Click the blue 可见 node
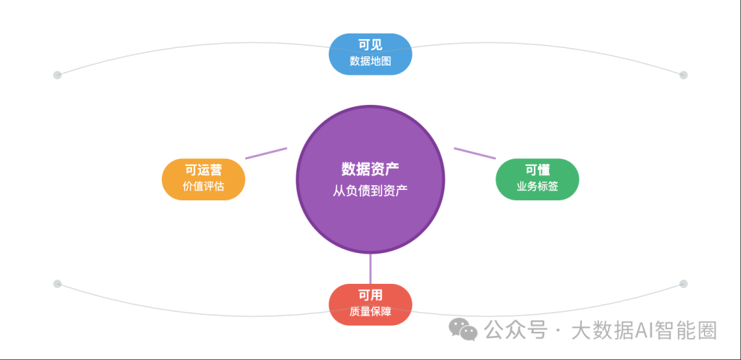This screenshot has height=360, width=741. (x=370, y=54)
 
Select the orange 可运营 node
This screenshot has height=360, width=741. (x=204, y=179)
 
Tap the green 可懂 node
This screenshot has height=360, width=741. (x=537, y=179)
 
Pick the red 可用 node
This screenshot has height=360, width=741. (x=370, y=304)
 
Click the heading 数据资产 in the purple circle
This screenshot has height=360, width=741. (x=370, y=169)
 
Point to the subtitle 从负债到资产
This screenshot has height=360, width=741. (x=370, y=191)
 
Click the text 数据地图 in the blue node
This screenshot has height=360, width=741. (x=370, y=61)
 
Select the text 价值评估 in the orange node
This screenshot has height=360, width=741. (x=204, y=186)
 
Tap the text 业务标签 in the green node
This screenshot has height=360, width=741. (x=537, y=186)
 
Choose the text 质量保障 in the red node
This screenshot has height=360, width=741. (x=370, y=312)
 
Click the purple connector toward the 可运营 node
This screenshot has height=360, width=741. (x=266, y=153)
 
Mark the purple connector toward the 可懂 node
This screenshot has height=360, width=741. (x=475, y=153)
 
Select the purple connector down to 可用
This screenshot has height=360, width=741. (x=370, y=269)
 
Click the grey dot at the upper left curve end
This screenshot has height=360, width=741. (x=57, y=75)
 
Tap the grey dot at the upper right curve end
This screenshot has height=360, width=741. (x=683, y=75)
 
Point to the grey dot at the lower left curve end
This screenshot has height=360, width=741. (x=57, y=284)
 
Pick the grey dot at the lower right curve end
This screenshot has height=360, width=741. (x=683, y=284)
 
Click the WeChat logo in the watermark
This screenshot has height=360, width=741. (x=463, y=329)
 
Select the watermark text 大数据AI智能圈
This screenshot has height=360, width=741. (x=644, y=331)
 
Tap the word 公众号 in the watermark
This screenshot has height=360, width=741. (x=516, y=331)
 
